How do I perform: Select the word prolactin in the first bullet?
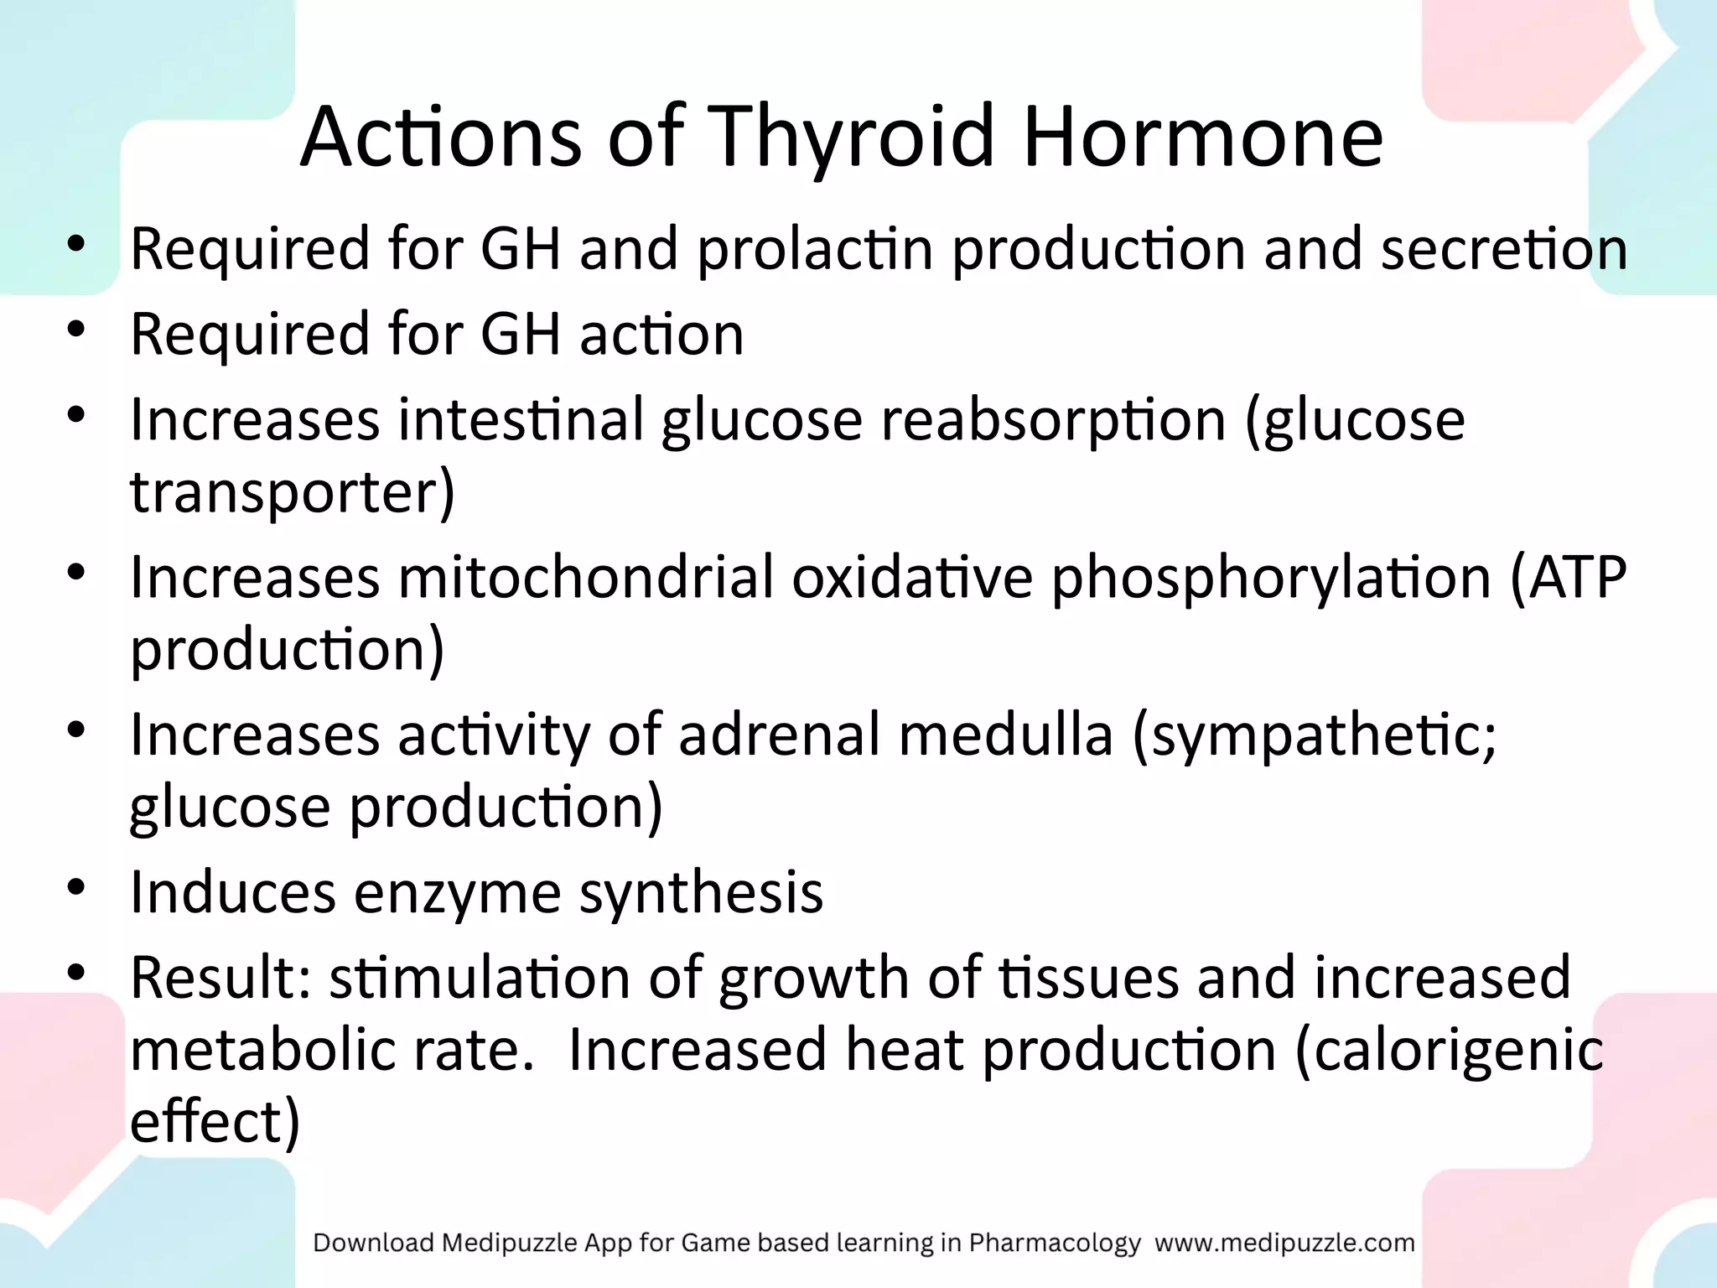(815, 250)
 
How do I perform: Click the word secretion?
(1504, 250)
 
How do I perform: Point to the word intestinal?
(520, 419)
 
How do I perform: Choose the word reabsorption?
(1053, 419)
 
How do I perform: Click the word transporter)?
(293, 492)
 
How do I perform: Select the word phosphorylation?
(1270, 578)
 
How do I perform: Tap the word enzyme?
(457, 893)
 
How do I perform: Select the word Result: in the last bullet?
(220, 979)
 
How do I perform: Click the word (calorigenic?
(1449, 1051)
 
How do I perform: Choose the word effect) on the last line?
(215, 1123)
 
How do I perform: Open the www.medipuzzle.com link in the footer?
(1284, 1243)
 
